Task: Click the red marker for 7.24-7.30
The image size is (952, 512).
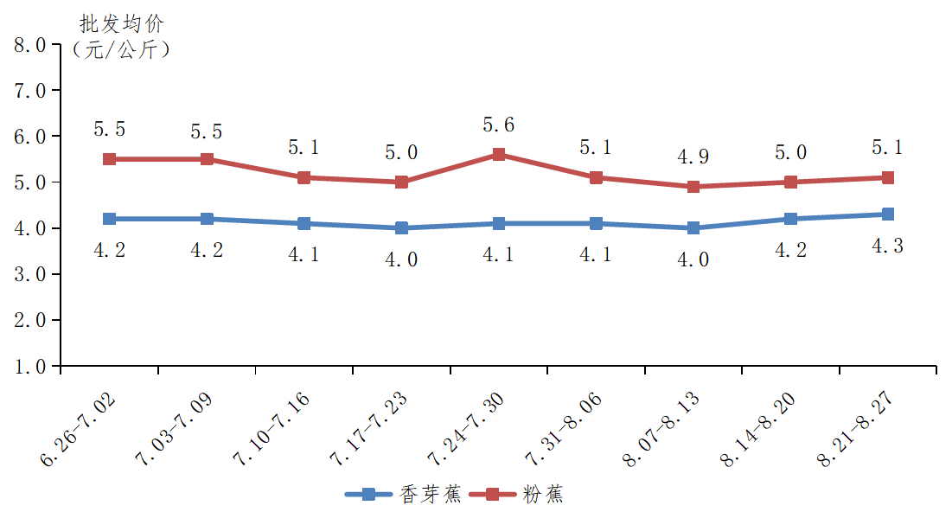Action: [499, 155]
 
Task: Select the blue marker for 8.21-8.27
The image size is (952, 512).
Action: [887, 214]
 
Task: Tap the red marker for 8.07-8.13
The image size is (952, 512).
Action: [693, 187]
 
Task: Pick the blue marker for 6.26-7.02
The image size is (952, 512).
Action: [110, 219]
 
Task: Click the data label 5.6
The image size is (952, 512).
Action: [498, 125]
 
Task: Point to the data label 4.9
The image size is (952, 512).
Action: [693, 157]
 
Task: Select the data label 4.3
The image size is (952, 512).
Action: [887, 246]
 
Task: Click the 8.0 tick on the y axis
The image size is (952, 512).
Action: [30, 44]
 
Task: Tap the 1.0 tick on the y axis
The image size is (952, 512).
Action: [30, 367]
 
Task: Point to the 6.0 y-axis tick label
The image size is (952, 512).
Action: [30, 137]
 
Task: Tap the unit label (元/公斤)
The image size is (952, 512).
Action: [121, 49]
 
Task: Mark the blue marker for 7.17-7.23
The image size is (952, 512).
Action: [401, 228]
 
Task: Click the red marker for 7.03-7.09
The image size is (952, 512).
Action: [208, 159]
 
